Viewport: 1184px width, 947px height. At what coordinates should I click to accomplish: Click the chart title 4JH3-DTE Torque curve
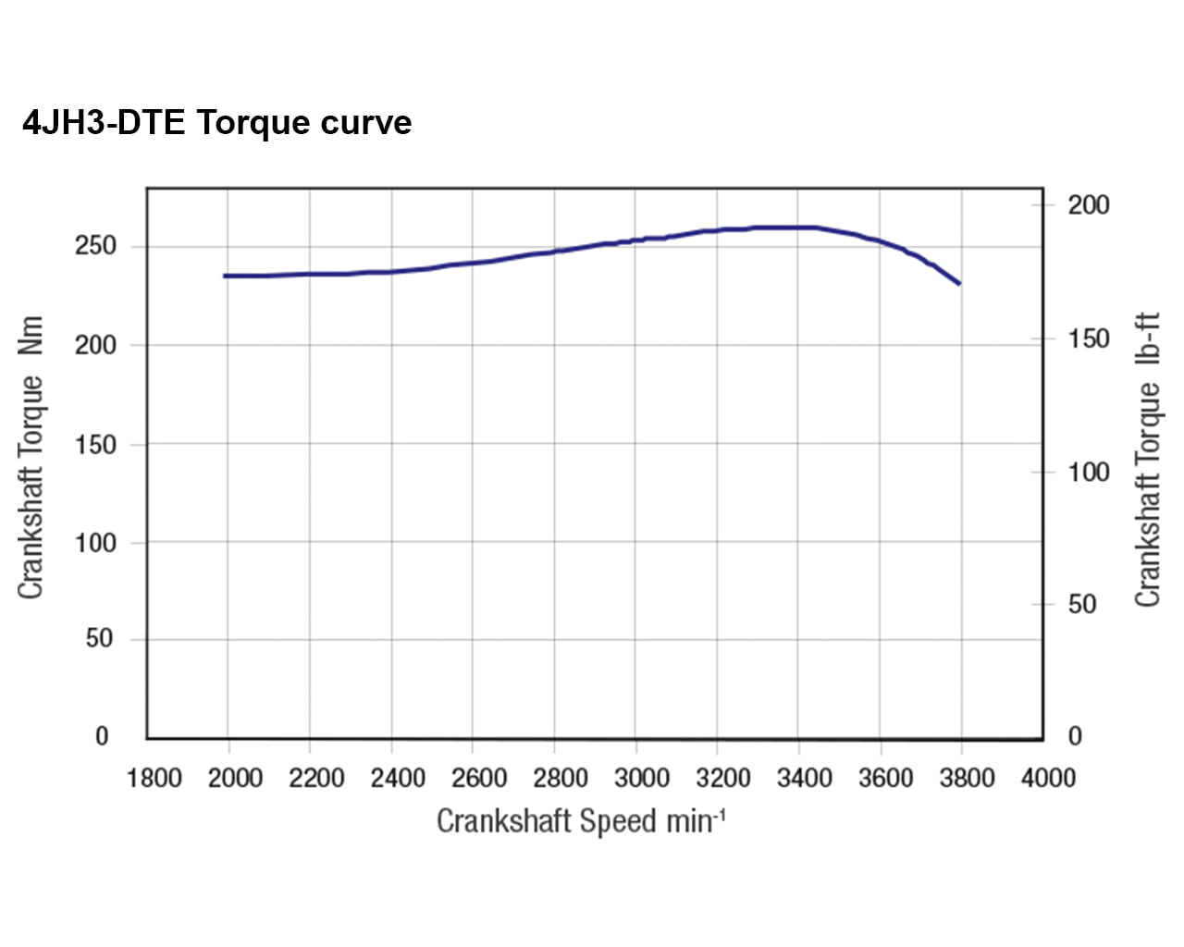pyautogui.click(x=216, y=123)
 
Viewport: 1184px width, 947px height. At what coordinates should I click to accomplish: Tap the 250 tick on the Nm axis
pyautogui.click(x=95, y=246)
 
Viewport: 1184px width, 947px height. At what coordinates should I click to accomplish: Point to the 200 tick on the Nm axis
pyautogui.click(x=95, y=345)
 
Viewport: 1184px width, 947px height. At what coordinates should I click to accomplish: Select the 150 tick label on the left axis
pyautogui.click(x=95, y=445)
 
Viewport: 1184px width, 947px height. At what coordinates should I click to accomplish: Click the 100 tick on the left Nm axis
pyautogui.click(x=95, y=543)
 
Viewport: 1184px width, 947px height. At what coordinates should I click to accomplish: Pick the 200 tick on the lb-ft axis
pyautogui.click(x=1088, y=205)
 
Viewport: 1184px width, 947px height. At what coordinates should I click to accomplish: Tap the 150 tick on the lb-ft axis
pyautogui.click(x=1088, y=338)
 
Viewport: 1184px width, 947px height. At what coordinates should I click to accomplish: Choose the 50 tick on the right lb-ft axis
pyautogui.click(x=1081, y=605)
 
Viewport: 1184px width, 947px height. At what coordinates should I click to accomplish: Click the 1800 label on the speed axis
pyautogui.click(x=154, y=778)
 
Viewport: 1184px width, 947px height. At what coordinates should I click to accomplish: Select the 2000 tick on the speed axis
pyautogui.click(x=235, y=778)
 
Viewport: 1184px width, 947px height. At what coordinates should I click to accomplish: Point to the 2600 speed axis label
pyautogui.click(x=479, y=778)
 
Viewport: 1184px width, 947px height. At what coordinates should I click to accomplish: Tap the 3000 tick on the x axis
pyautogui.click(x=642, y=778)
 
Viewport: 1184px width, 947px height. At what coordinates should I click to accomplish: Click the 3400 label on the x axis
pyautogui.click(x=805, y=778)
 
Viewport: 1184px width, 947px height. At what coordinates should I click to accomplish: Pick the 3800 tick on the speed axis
pyautogui.click(x=967, y=778)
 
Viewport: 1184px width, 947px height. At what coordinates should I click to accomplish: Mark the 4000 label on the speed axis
pyautogui.click(x=1048, y=778)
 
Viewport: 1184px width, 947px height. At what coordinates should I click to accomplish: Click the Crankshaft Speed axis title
pyautogui.click(x=580, y=821)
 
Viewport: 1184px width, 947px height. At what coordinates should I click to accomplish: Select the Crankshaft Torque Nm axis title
pyautogui.click(x=31, y=457)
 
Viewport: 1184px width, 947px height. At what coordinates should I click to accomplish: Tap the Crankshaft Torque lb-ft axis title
pyautogui.click(x=1147, y=460)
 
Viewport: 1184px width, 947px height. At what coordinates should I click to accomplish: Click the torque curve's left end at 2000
pyautogui.click(x=226, y=276)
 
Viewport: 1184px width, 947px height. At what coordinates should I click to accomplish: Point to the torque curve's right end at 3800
pyautogui.click(x=959, y=283)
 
